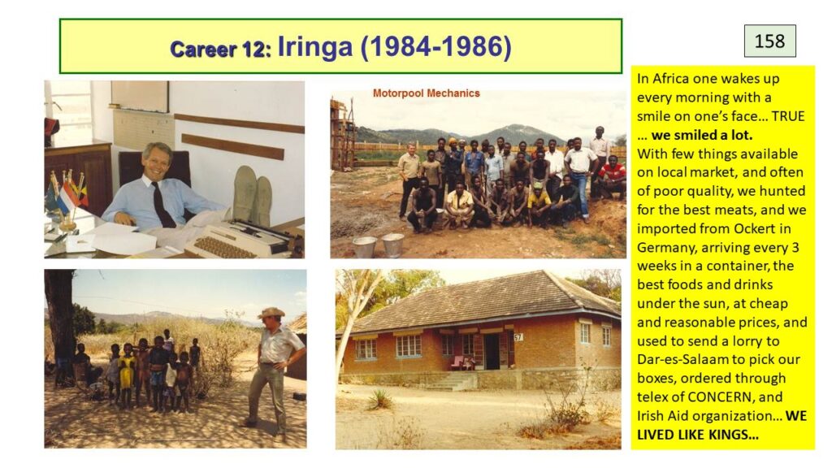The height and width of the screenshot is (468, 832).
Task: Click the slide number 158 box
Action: (769, 41)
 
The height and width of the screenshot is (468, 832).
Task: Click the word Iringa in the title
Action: (315, 46)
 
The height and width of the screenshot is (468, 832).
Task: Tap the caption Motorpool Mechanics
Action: (426, 93)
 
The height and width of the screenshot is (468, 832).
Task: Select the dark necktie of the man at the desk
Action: (162, 204)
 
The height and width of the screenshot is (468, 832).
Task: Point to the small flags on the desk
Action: (65, 193)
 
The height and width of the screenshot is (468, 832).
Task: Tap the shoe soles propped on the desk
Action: (253, 193)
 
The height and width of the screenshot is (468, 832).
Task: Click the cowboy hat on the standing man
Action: (271, 313)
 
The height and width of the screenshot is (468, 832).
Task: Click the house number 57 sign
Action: (518, 337)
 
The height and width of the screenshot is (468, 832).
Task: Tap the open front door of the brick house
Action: (492, 351)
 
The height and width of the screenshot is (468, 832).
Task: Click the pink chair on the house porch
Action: (457, 363)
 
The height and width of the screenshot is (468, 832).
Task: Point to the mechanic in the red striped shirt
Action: (613, 177)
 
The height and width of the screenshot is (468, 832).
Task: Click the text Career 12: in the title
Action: (220, 50)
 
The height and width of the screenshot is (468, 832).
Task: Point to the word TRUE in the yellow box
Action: (788, 116)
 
